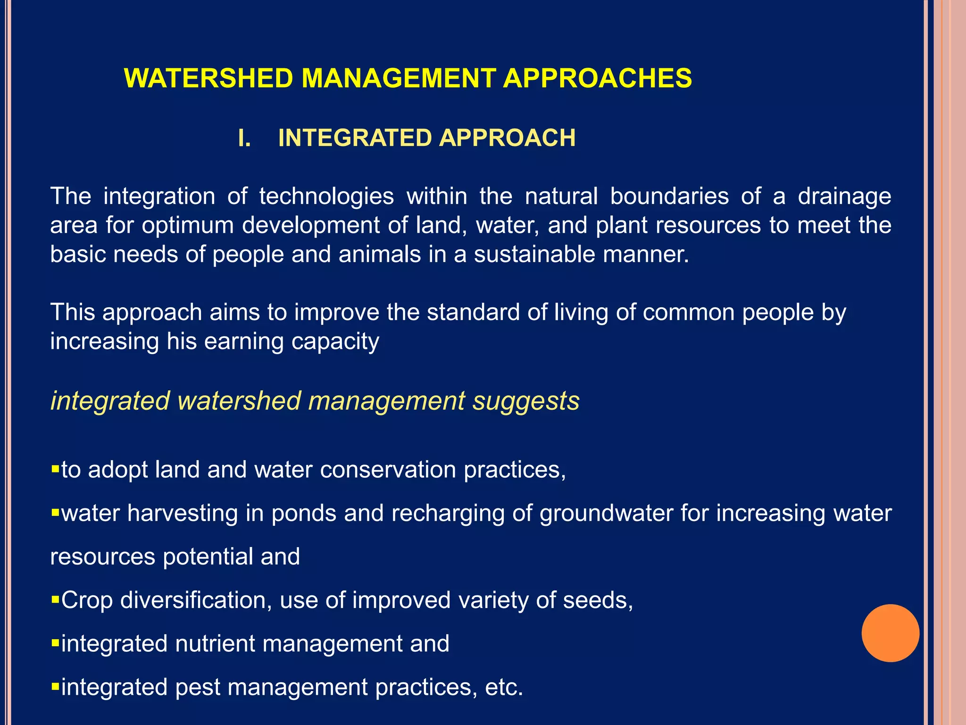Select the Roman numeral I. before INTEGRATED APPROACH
pyautogui.click(x=244, y=138)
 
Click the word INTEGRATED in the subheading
pyautogui.click(x=355, y=138)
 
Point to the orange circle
pyautogui.click(x=890, y=633)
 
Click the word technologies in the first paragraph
pyautogui.click(x=326, y=196)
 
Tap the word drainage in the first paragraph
pyautogui.click(x=844, y=196)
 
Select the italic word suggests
pyautogui.click(x=526, y=401)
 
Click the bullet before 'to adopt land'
pyautogui.click(x=55, y=470)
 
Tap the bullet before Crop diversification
pyautogui.click(x=55, y=600)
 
